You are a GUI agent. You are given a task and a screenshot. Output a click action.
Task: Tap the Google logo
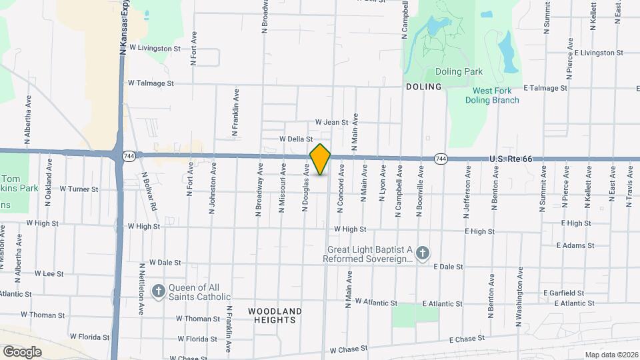click(x=22, y=351)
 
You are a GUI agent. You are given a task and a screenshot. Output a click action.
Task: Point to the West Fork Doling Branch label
click(x=496, y=95)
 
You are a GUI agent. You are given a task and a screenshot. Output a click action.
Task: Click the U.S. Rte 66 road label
click(x=511, y=159)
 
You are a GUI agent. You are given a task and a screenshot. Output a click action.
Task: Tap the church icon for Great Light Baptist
click(x=421, y=253)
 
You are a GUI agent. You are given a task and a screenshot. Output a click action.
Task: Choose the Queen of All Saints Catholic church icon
click(x=158, y=291)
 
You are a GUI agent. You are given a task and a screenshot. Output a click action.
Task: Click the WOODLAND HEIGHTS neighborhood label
click(x=275, y=315)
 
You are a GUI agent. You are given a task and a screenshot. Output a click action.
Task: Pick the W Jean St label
click(x=332, y=123)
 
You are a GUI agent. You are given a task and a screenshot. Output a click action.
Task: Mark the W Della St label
click(x=297, y=139)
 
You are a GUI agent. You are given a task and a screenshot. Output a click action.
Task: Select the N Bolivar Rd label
click(x=149, y=191)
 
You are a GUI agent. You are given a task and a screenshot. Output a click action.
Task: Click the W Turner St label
click(x=79, y=189)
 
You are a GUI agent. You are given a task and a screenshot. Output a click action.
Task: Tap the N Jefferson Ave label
click(x=467, y=194)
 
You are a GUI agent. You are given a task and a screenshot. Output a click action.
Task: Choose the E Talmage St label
click(x=545, y=88)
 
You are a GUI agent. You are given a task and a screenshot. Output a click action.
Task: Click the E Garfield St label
click(x=563, y=293)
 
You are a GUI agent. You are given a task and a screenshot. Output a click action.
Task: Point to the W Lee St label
click(x=49, y=274)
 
